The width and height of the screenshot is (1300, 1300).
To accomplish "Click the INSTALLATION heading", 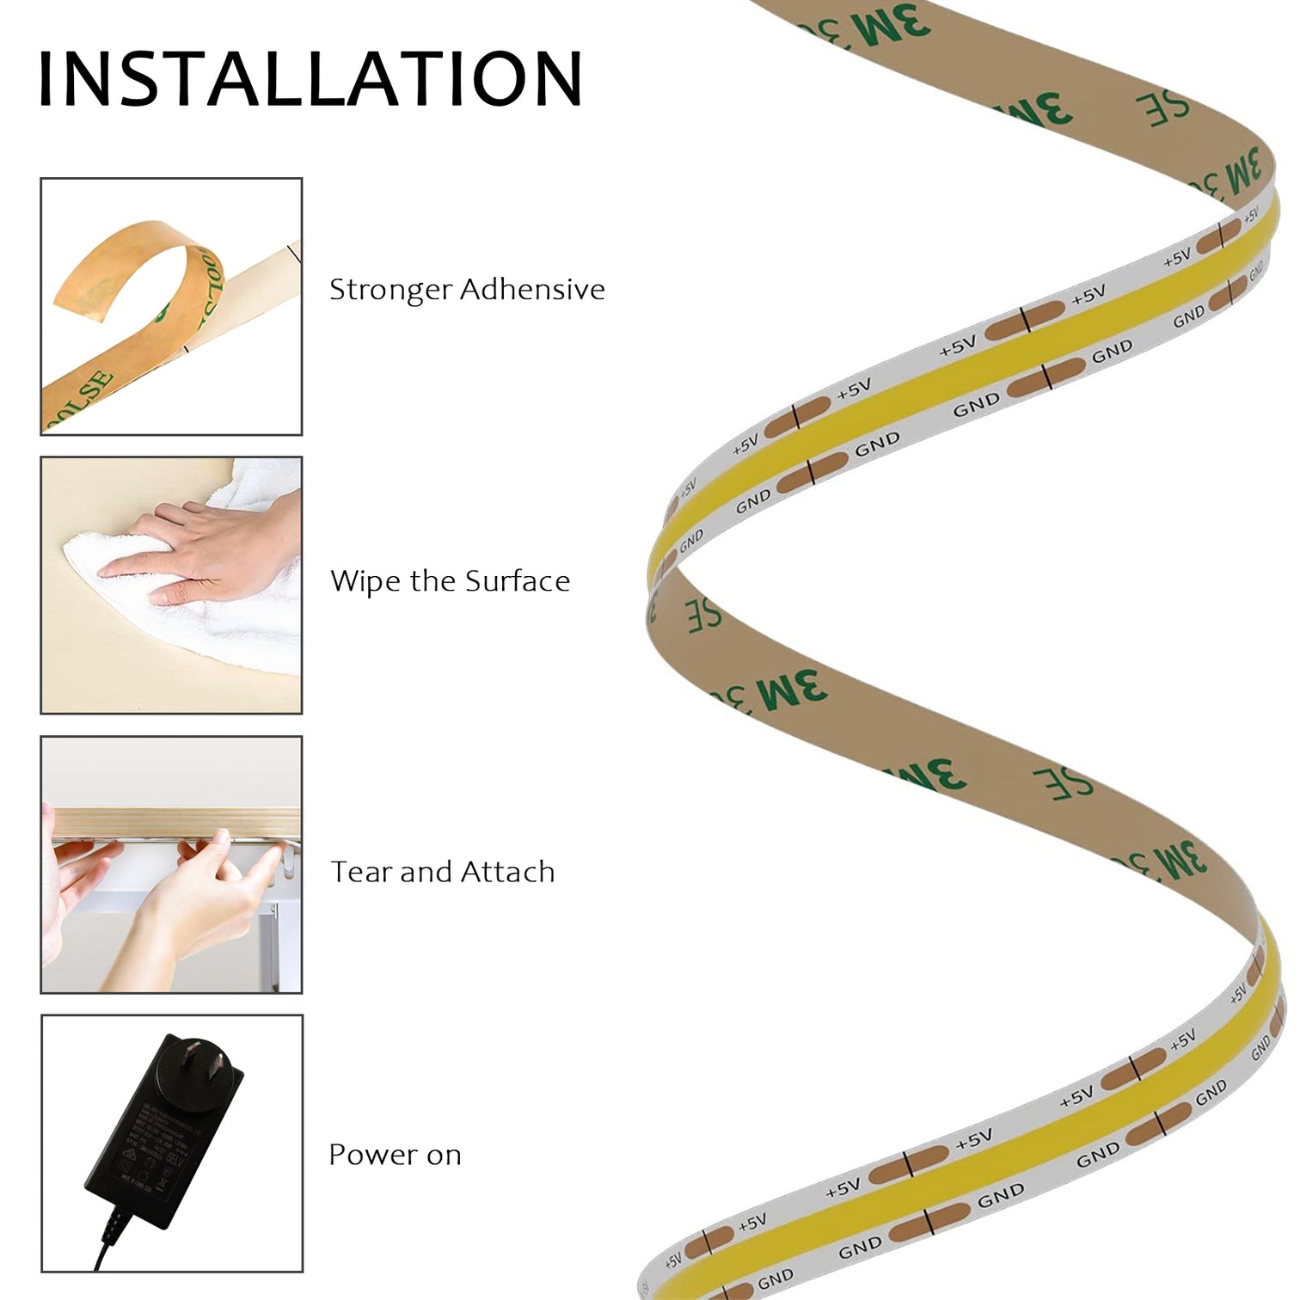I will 310,79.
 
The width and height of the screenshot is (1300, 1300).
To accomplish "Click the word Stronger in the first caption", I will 390,290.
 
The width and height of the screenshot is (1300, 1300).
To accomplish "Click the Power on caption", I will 395,1155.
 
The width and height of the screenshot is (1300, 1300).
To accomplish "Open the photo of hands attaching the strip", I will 171,864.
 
